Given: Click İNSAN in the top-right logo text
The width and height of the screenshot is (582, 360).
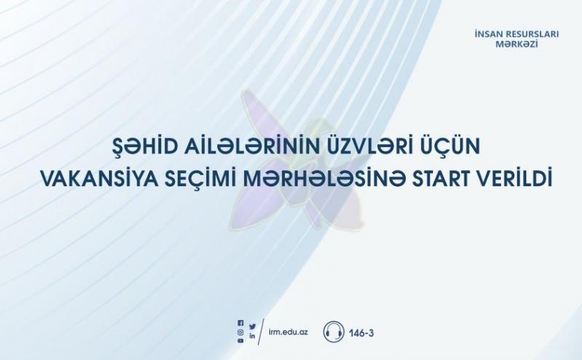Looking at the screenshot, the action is click(488, 34).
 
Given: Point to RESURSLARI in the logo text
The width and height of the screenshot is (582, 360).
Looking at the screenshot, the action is click(533, 34).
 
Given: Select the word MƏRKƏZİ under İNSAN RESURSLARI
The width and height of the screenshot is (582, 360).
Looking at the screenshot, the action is click(517, 44).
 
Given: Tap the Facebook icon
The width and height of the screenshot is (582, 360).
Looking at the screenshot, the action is click(241, 323).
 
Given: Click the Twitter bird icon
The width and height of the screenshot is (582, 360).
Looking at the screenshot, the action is click(252, 327).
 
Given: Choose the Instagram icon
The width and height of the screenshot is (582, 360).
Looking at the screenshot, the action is click(241, 332).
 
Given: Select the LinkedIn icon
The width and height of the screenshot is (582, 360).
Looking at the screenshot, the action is click(252, 336).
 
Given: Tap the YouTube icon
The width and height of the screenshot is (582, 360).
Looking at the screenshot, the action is click(241, 340).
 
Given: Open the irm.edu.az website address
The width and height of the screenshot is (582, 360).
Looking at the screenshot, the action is click(288, 332).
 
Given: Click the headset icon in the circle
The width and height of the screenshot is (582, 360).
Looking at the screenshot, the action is click(334, 332).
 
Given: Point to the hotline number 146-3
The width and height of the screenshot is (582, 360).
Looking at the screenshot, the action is click(361, 333).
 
